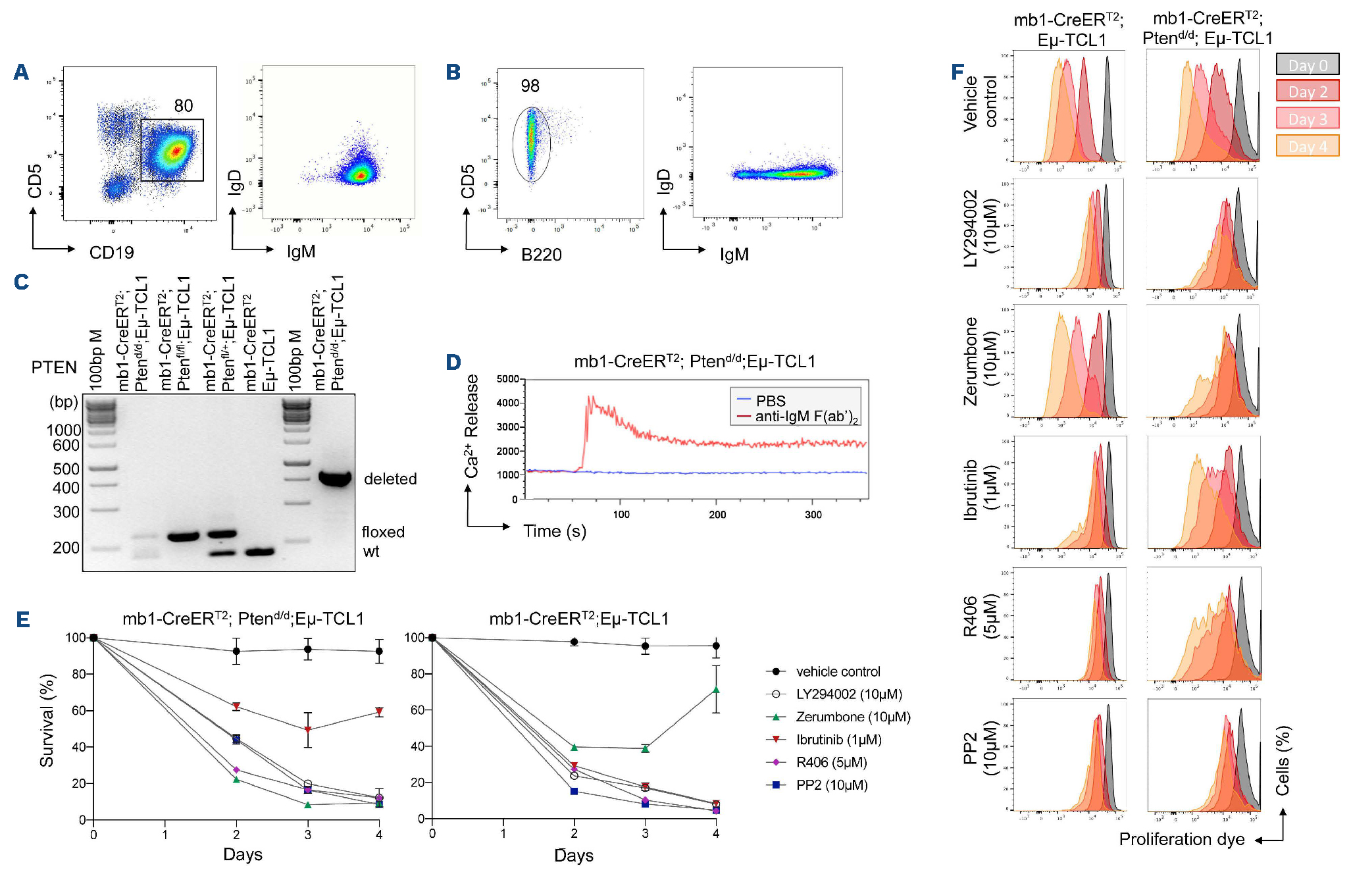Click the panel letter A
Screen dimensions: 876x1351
coord(21,72)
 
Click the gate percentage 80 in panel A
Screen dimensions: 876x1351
coord(184,106)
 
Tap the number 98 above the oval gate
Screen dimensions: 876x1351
coord(530,86)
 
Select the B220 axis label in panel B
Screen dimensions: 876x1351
coord(541,255)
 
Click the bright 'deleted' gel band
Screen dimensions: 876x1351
coord(335,478)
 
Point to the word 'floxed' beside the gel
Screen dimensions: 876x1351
coord(383,532)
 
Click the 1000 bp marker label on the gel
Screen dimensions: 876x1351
coord(63,430)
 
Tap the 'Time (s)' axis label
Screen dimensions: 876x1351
coord(554,531)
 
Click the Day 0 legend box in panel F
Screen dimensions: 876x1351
coord(1307,65)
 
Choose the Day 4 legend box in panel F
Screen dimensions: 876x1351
coord(1307,146)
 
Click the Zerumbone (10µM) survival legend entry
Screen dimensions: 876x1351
coord(852,717)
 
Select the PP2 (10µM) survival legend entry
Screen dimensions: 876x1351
coord(831,785)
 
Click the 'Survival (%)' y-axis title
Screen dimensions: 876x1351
coord(47,720)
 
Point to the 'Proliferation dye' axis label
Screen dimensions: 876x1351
coord(1181,839)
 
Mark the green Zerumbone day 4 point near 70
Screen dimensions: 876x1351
coord(716,690)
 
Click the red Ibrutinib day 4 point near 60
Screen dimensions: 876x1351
coord(379,711)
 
